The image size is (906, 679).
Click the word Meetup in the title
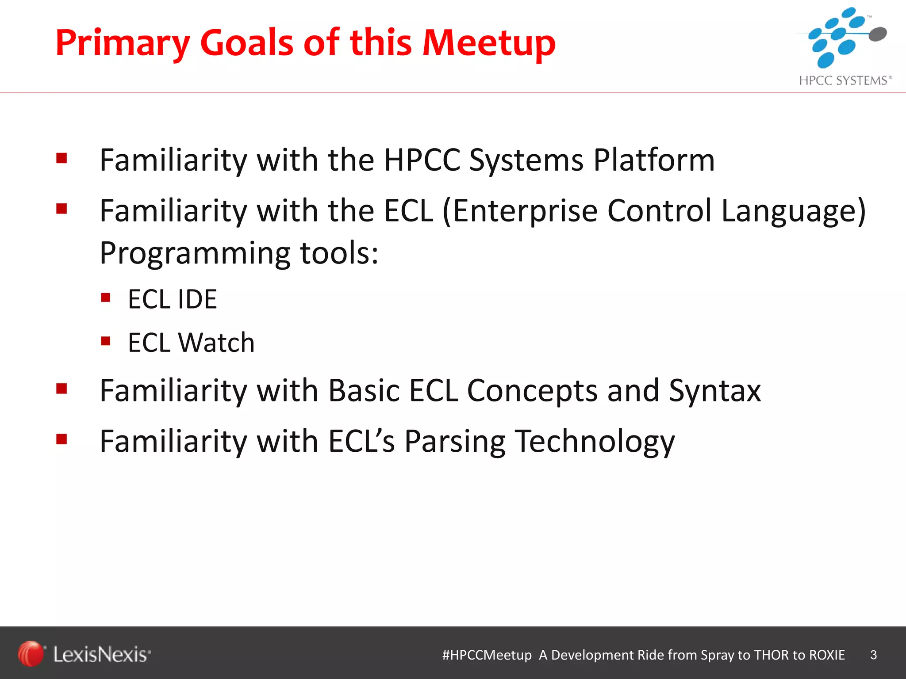488,43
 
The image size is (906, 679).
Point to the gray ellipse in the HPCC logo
878,34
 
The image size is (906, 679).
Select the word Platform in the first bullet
653,160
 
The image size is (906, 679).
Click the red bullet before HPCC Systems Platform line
61,158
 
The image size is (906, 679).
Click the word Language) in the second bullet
794,210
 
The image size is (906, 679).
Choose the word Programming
195,254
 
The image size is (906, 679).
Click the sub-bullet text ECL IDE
173,299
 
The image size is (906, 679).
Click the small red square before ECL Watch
105,341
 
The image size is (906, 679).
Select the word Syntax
714,391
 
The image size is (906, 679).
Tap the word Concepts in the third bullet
532,391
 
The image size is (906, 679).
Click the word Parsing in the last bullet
455,441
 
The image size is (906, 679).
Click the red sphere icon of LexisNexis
31,653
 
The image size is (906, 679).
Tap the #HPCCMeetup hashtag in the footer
487,655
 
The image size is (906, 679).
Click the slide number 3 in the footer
873,655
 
